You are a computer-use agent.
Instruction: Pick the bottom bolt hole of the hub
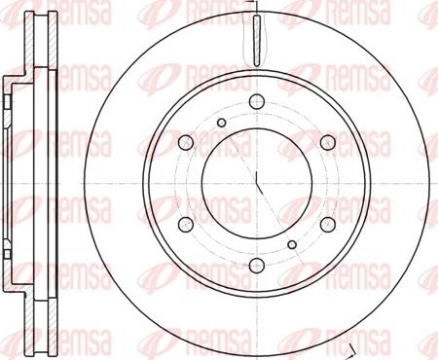tap(257, 266)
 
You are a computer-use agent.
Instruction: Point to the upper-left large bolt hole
tap(187, 141)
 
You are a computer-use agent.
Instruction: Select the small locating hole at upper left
tap(222, 122)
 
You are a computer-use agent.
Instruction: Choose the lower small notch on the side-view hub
tap(8, 270)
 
